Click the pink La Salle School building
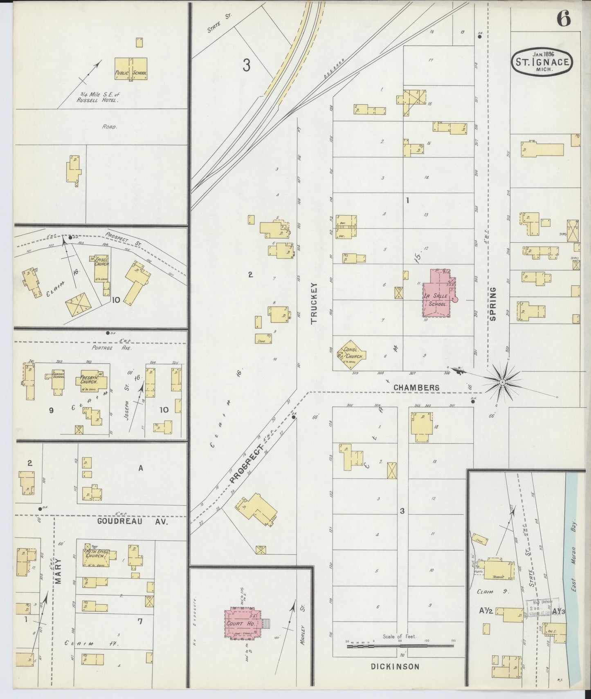[x=437, y=293]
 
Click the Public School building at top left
[x=130, y=69]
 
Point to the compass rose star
[x=502, y=382]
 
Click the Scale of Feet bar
[x=400, y=646]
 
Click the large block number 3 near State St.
[x=246, y=65]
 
